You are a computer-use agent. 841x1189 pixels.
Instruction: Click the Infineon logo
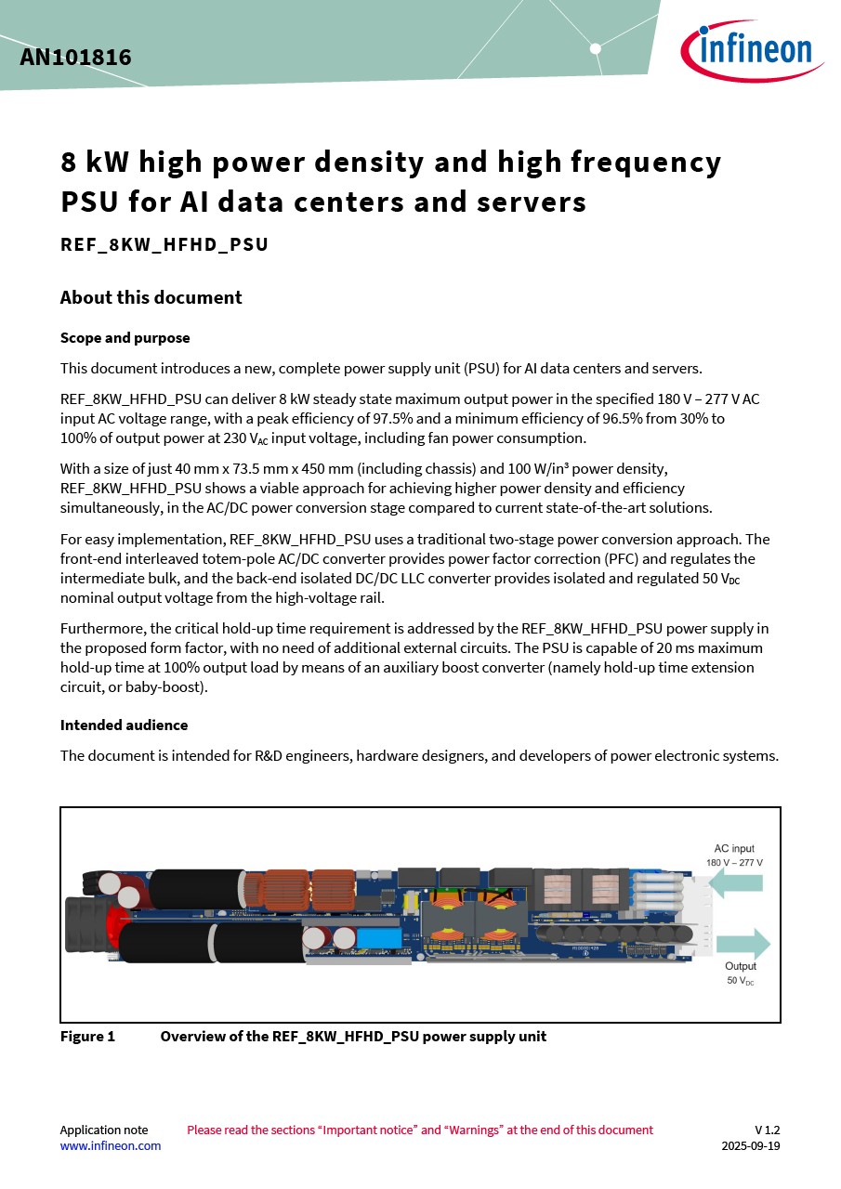tap(752, 51)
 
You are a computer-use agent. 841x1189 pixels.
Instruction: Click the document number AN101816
tap(75, 58)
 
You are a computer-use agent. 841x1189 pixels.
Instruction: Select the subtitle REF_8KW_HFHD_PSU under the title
tap(164, 245)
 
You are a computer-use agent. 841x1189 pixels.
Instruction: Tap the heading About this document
tap(151, 297)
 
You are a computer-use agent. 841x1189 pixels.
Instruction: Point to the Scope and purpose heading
tap(125, 338)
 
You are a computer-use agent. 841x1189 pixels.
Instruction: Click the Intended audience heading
tap(124, 725)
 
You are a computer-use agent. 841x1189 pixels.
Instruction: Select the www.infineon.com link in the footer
tap(110, 1145)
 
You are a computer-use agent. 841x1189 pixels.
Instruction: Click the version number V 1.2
tap(767, 1130)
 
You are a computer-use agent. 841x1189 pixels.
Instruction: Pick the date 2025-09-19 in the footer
tap(750, 1145)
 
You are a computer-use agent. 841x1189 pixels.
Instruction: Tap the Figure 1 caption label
tap(87, 1036)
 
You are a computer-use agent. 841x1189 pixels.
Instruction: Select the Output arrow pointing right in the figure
tap(743, 944)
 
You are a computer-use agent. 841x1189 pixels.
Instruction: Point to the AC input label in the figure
tap(734, 848)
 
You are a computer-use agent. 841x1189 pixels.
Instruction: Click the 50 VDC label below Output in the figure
tap(740, 981)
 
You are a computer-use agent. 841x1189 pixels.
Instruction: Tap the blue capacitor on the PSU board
tap(377, 937)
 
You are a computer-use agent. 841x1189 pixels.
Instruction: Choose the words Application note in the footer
tap(103, 1130)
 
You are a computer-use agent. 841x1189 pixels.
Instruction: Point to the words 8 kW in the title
tap(98, 163)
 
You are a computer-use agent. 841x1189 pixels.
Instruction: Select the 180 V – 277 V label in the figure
tap(734, 863)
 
